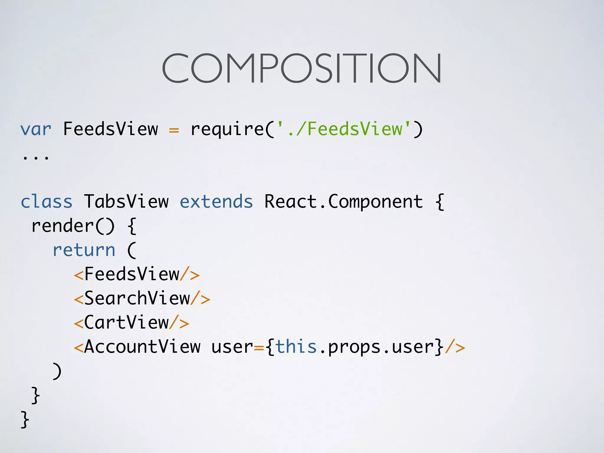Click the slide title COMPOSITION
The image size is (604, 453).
301,68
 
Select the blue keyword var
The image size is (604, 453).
36,130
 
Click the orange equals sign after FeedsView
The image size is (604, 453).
174,130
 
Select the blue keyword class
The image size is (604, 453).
47,202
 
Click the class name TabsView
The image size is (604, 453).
126,202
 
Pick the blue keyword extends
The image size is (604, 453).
216,202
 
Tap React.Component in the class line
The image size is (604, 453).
343,202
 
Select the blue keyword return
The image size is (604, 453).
84,250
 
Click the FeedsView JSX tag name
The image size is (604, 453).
132,274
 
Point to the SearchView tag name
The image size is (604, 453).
137,298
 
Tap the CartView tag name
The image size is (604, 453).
126,323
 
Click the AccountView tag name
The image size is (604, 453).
142,347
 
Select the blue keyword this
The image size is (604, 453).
296,347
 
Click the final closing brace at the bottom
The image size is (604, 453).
25,419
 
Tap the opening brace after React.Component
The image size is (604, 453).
439,202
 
